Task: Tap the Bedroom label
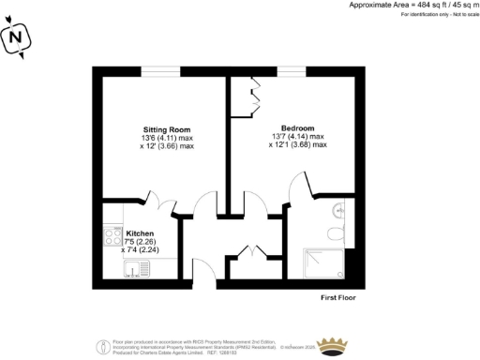tap(297, 127)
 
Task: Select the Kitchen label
tap(127, 232)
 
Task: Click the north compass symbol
tap(15, 38)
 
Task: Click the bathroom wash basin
tap(338, 209)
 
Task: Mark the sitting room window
tap(167, 68)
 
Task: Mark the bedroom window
tap(291, 68)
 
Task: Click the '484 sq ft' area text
tap(404, 6)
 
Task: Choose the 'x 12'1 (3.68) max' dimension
tap(297, 145)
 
